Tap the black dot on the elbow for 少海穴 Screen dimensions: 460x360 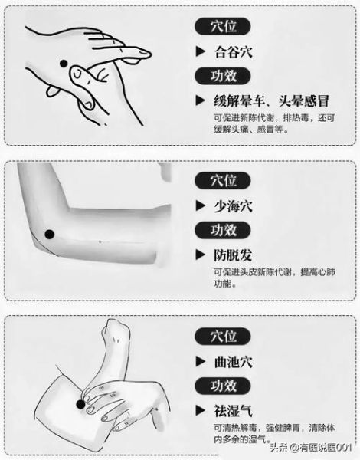point(49,234)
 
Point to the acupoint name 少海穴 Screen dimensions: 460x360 point(234,205)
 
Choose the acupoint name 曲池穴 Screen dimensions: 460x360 point(234,361)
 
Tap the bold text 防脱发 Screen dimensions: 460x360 point(234,255)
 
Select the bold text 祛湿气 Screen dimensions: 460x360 point(234,409)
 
